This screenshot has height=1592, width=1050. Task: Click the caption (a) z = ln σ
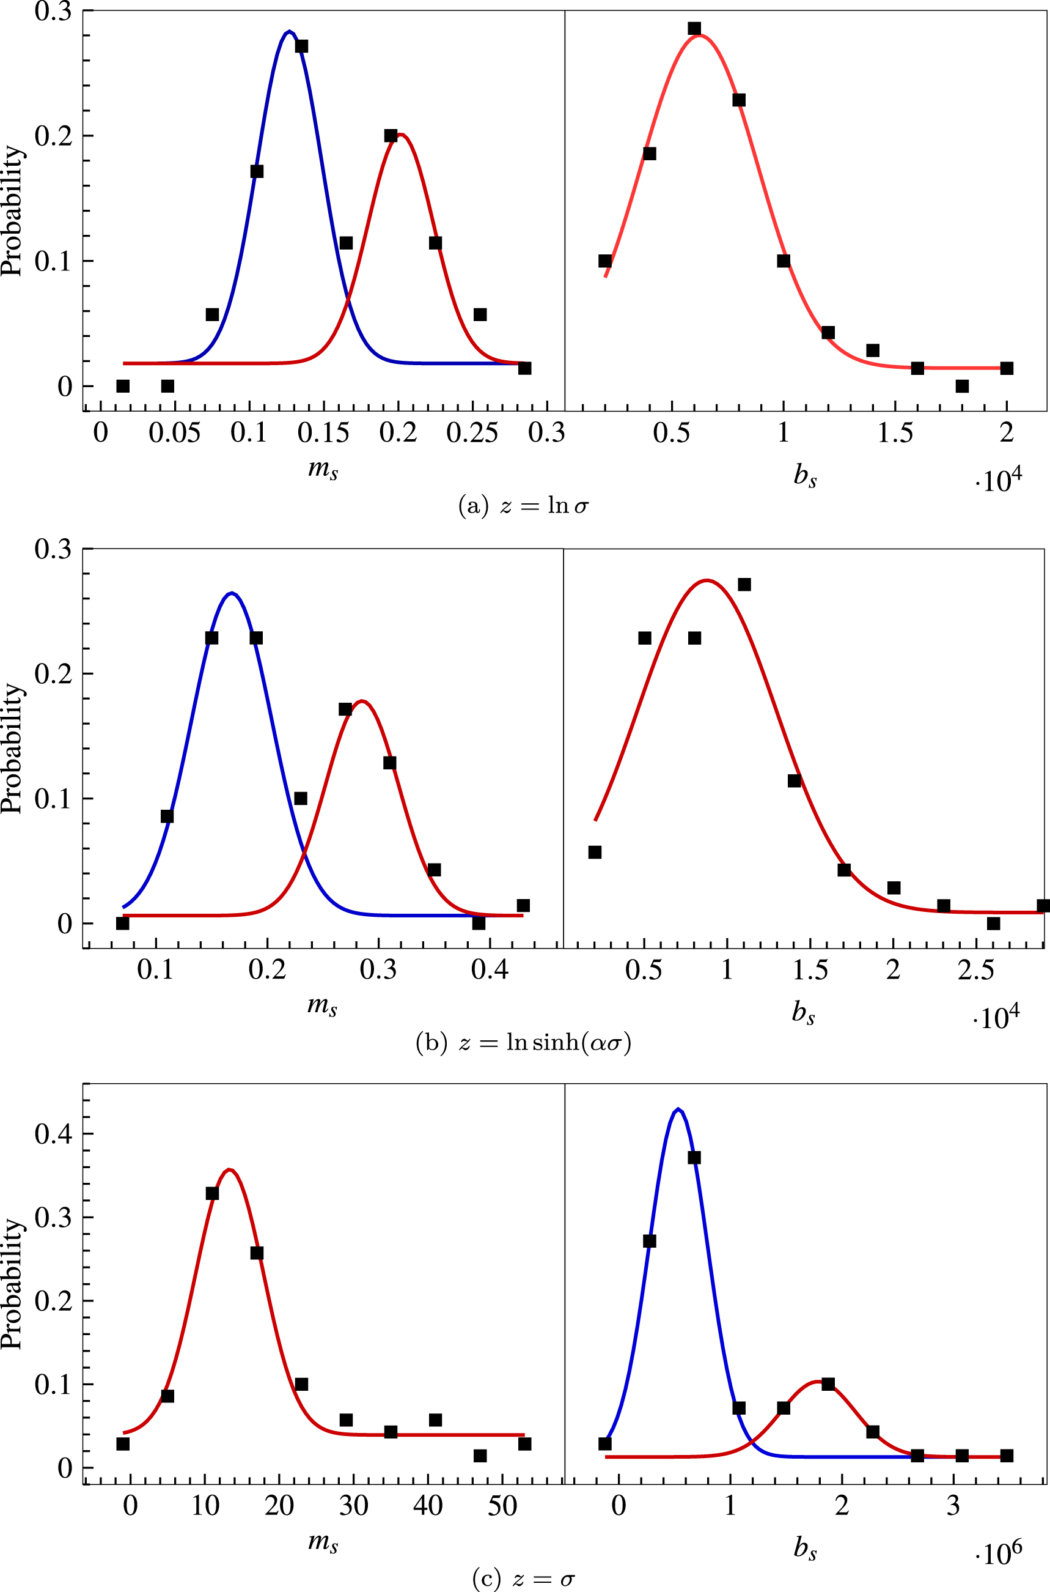(x=524, y=505)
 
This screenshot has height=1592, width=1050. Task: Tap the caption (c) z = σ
(x=524, y=1579)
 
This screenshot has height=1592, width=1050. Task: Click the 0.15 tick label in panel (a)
(x=323, y=434)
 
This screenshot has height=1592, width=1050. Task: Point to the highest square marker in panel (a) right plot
(x=694, y=28)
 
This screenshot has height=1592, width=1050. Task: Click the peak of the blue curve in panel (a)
(x=288, y=31)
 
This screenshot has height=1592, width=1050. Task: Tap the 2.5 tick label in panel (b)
(x=975, y=970)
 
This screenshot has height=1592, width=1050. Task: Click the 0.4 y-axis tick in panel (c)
(x=54, y=1134)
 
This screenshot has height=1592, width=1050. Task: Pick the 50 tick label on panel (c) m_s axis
(x=502, y=1506)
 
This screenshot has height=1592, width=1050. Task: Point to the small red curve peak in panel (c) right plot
(x=820, y=1381)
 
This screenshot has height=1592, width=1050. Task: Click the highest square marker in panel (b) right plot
(x=744, y=585)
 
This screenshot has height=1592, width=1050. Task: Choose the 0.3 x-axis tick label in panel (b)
(x=378, y=970)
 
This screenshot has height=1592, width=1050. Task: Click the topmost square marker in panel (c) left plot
(x=212, y=1193)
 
